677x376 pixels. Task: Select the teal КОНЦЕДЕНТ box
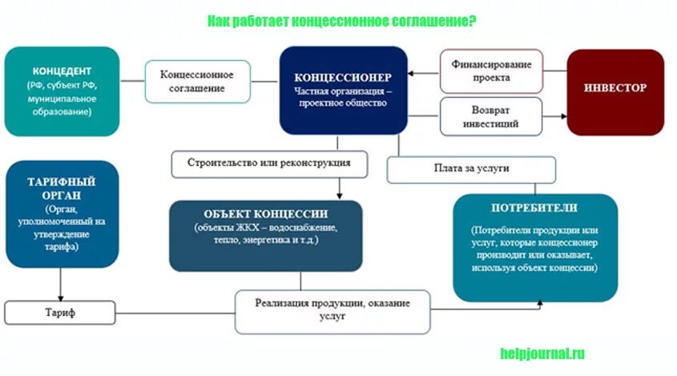point(62,91)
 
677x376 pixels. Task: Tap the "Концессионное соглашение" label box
point(197,81)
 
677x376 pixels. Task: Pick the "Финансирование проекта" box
point(491,71)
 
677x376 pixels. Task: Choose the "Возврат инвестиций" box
point(491,116)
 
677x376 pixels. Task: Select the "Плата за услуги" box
point(471,169)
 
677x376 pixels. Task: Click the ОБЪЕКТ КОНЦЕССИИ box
point(265,235)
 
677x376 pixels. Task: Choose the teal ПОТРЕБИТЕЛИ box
point(535,247)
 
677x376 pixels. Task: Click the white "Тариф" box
point(61,313)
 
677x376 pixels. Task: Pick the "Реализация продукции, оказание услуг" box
point(332,311)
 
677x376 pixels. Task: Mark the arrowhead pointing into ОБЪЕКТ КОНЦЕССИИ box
point(340,196)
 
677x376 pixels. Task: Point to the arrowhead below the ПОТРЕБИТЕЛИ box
point(540,304)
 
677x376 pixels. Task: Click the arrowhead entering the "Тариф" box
point(61,297)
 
